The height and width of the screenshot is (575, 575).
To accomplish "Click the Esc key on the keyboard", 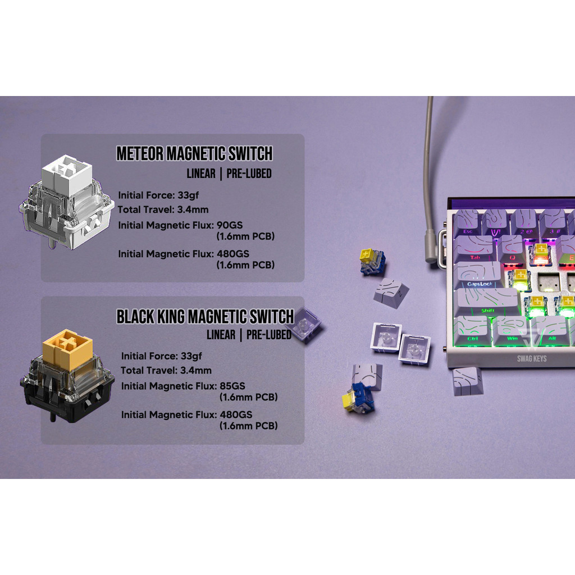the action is tap(468, 222).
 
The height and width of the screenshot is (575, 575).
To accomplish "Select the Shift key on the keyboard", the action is tap(486, 302).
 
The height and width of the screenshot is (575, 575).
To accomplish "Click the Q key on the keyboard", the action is tap(512, 249).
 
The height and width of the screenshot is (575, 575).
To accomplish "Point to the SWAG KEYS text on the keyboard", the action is tap(532, 358).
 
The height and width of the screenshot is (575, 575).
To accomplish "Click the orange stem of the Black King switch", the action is tap(67, 348).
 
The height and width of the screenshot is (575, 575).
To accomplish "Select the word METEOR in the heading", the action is tap(140, 154).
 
